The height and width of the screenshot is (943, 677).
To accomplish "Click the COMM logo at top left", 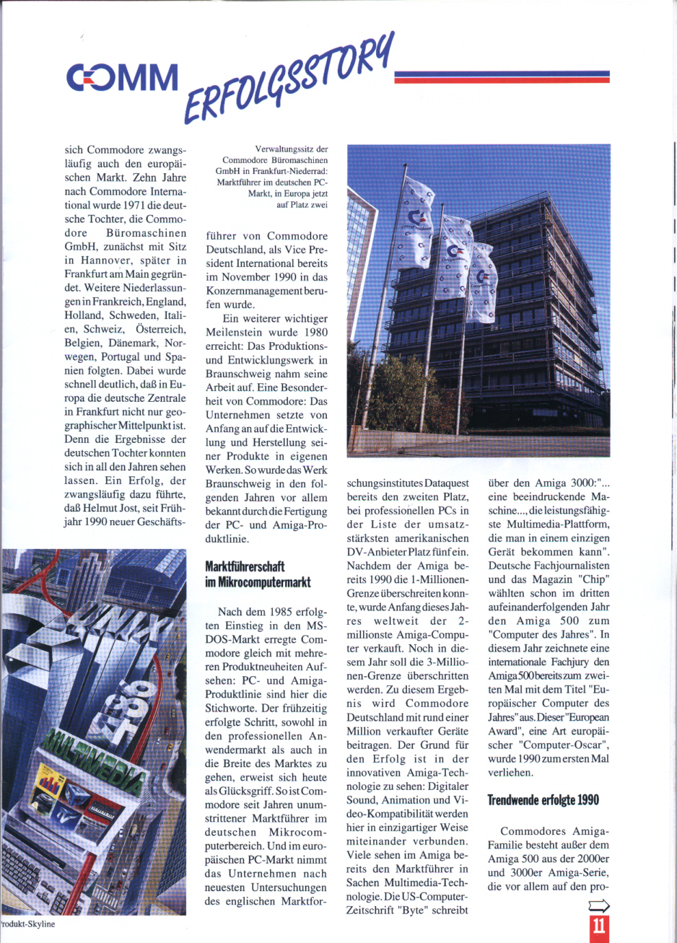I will (122, 78).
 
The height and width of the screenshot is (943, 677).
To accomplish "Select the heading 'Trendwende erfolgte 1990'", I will (543, 799).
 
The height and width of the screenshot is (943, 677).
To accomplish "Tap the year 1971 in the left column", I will (121, 205).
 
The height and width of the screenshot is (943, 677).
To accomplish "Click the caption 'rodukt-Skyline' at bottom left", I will (27, 923).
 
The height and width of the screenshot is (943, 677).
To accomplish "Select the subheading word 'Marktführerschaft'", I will (245, 566).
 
